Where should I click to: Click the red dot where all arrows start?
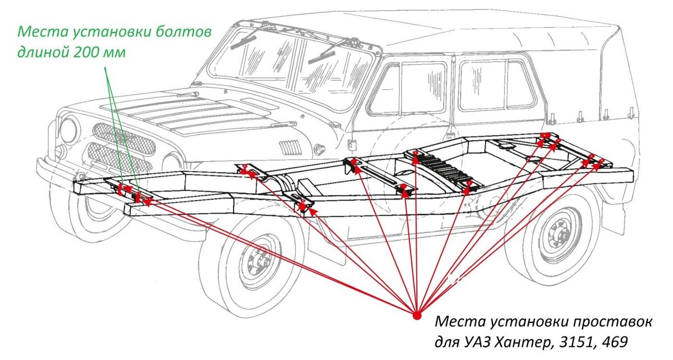[x=416, y=315]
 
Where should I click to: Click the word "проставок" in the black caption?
[x=614, y=322]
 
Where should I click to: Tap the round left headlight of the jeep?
[x=69, y=131]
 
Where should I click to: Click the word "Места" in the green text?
[x=39, y=31]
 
